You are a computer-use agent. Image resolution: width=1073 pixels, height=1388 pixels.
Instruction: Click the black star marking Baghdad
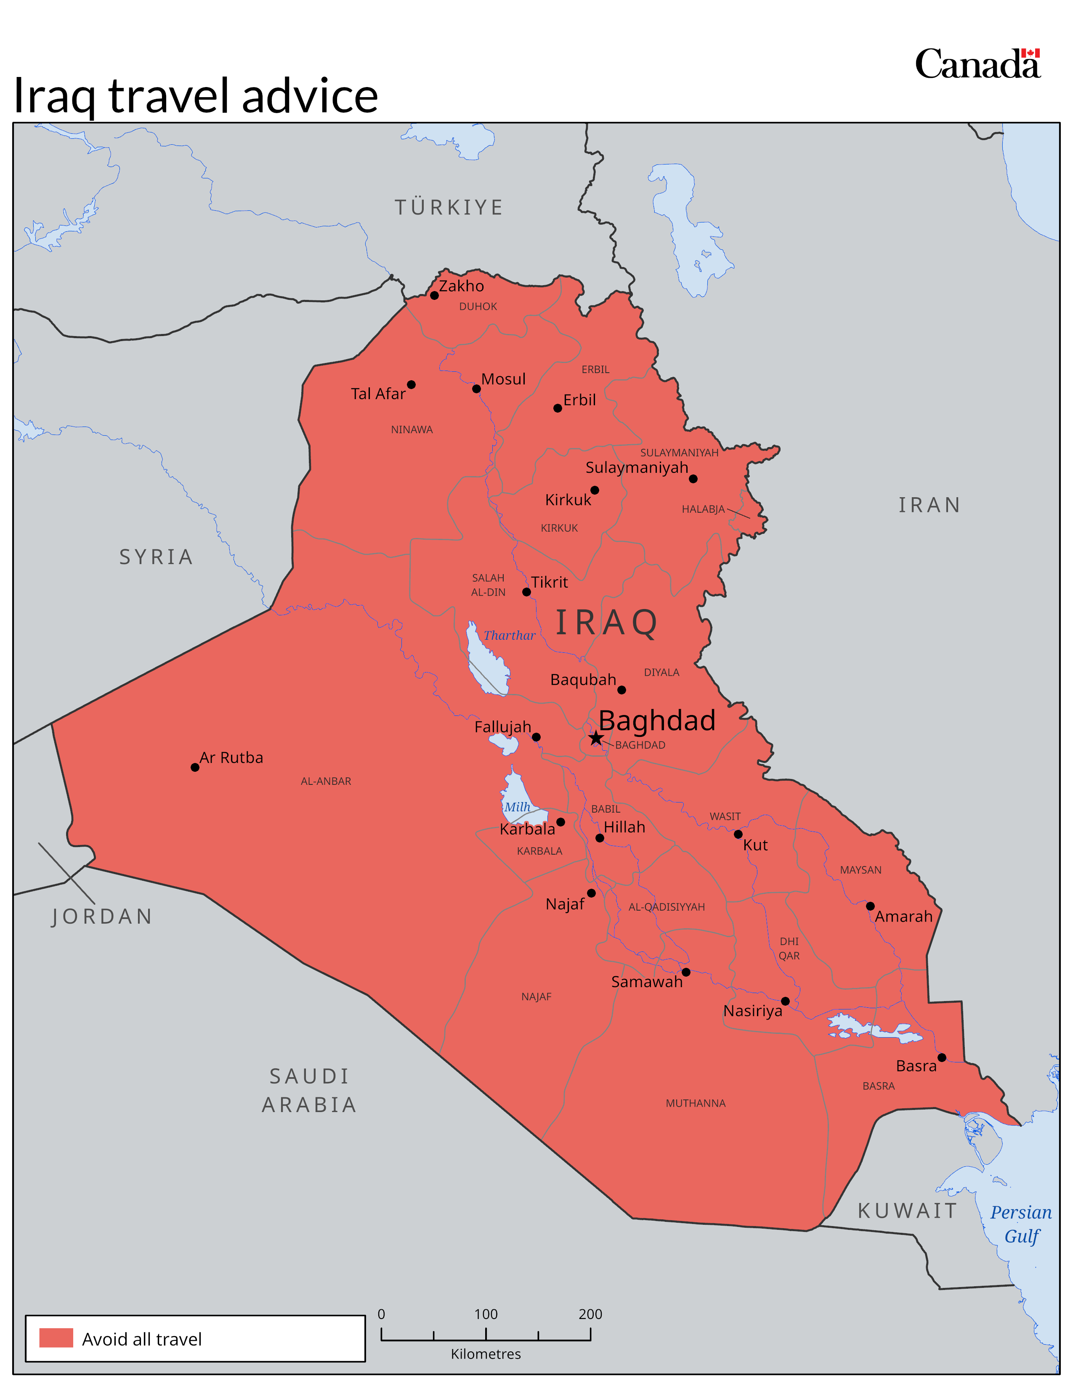click(595, 738)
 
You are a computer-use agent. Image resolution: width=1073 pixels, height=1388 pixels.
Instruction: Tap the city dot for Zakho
click(434, 296)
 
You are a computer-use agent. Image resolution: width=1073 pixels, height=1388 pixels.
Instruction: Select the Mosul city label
click(503, 379)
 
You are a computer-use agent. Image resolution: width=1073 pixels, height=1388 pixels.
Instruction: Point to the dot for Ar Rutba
click(195, 767)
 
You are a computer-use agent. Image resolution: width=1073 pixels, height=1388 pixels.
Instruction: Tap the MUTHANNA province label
click(696, 1103)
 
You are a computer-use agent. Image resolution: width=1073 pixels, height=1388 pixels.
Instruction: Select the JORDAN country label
click(102, 917)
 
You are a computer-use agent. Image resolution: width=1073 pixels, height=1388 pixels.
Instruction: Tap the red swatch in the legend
click(56, 1338)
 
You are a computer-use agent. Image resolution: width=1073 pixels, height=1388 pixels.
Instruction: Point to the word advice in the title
click(310, 96)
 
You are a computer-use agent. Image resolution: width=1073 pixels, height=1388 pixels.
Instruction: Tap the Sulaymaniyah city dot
click(693, 479)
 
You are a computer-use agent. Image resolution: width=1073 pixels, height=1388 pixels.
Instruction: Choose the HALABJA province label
click(703, 509)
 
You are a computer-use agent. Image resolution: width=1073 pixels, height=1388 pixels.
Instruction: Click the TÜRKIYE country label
click(449, 207)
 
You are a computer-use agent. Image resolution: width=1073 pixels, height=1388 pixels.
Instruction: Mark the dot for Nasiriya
click(785, 1001)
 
